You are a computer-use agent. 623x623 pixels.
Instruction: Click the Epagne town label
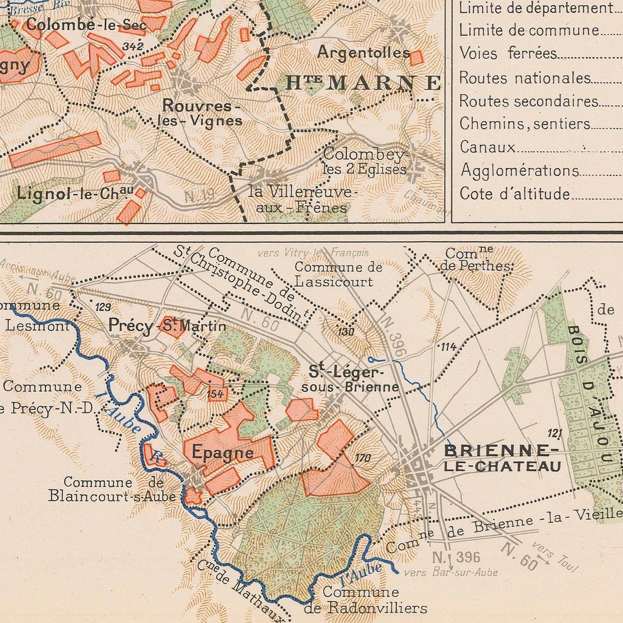[222, 452]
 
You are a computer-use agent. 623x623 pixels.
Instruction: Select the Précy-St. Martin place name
[167, 325]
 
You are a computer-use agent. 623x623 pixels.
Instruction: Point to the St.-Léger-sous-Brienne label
[350, 379]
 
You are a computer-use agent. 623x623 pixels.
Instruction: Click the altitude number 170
[363, 458]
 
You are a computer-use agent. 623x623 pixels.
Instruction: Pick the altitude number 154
[216, 394]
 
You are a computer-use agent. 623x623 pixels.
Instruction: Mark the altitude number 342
[132, 47]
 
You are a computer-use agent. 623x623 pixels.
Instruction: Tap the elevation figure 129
[103, 307]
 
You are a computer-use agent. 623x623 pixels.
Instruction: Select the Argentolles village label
[363, 53]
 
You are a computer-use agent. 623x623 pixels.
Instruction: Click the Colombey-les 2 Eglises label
[365, 161]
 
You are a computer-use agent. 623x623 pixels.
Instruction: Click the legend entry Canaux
[488, 147]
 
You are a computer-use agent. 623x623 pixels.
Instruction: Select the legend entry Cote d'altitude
[515, 194]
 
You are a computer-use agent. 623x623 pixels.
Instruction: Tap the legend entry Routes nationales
[525, 78]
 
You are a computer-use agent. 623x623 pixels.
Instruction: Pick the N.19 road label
[199, 196]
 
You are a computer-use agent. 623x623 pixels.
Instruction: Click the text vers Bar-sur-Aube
[451, 573]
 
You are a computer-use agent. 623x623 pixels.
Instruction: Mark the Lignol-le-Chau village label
[75, 193]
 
